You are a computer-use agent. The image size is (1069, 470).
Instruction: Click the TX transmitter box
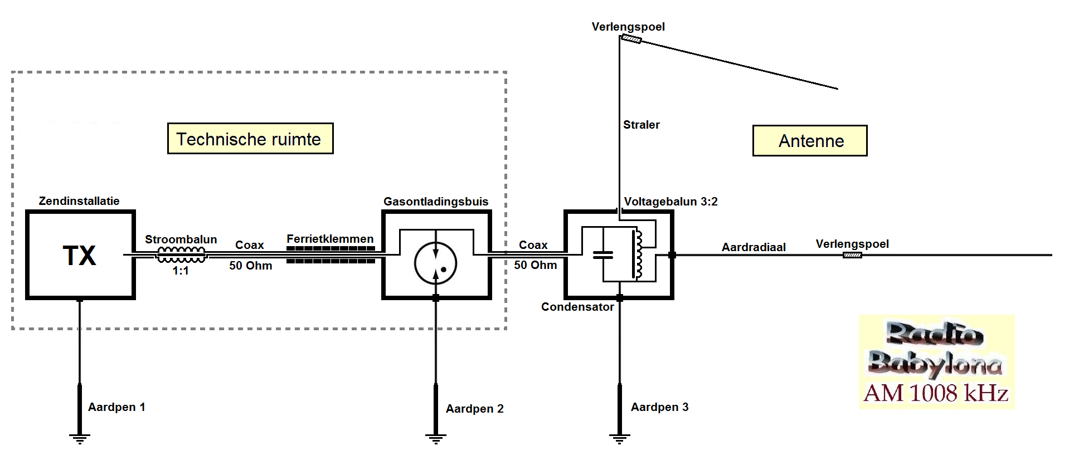coord(80,255)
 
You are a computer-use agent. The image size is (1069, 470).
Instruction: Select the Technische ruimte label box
coord(250,139)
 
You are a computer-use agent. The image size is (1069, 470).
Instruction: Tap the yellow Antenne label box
coord(810,141)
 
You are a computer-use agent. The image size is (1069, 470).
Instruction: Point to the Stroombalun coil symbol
coord(181,255)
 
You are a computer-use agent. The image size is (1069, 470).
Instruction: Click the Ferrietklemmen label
coord(330,239)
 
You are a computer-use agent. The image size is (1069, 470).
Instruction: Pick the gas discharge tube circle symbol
coord(435,263)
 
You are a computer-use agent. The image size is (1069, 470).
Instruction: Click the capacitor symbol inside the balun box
coord(602,255)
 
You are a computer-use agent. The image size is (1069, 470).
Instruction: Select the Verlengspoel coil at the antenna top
coord(631,39)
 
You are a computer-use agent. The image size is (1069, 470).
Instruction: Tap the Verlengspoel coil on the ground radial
coord(852,255)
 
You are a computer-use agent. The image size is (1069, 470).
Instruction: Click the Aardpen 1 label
coord(116,407)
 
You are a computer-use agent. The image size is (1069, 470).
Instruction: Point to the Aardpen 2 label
coord(474,409)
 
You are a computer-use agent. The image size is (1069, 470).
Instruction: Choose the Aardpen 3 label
coord(659,407)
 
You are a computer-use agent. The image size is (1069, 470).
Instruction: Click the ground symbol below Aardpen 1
coord(80,438)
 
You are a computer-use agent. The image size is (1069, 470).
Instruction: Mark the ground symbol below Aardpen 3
coord(619,438)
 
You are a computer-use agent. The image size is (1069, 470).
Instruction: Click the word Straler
coord(641,125)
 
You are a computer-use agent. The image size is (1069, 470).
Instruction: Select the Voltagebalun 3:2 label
coord(670,202)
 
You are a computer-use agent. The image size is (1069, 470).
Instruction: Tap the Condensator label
coord(577,307)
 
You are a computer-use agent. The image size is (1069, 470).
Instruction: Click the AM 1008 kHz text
coord(936,393)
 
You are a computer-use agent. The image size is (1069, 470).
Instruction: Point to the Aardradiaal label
coord(754,247)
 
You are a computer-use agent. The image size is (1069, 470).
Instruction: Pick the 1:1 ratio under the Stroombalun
coord(181,271)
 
